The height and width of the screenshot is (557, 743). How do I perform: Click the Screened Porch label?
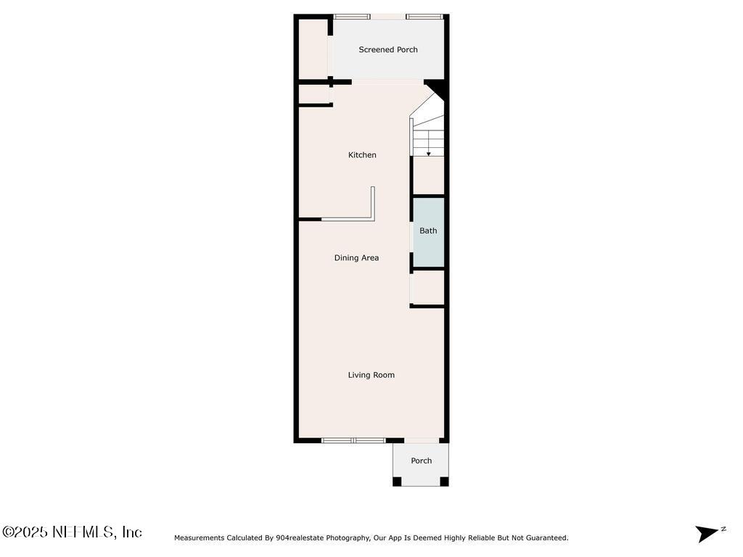(x=388, y=50)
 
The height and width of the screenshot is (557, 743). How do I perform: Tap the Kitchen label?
(x=362, y=155)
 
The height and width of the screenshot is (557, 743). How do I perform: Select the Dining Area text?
(x=356, y=258)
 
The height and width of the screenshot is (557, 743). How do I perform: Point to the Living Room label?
(x=371, y=375)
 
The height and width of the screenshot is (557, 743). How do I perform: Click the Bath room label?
(x=428, y=231)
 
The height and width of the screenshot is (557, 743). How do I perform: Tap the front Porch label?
(x=421, y=461)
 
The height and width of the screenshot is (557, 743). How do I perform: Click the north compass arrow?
(x=707, y=533)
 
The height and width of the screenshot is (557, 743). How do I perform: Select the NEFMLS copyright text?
(x=72, y=532)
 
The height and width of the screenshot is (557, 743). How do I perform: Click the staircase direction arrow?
(x=428, y=152)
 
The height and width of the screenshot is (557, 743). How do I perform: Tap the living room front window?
(x=353, y=440)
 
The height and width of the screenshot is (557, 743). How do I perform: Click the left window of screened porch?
(x=352, y=16)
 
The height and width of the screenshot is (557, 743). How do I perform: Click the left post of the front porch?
(x=397, y=481)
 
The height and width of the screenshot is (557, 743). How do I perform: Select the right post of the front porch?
(x=444, y=481)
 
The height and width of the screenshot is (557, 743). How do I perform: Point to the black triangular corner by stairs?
(x=438, y=89)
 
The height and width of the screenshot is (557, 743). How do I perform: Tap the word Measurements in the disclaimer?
(x=200, y=538)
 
